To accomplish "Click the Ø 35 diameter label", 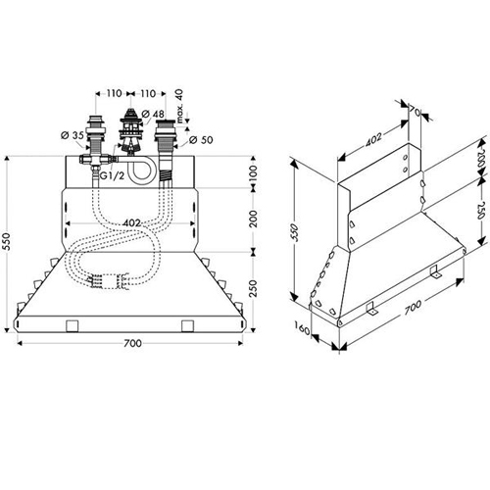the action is (73, 134).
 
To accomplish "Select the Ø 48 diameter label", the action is (153, 114).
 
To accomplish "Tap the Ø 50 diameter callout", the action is (201, 140).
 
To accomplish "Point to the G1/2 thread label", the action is (112, 175).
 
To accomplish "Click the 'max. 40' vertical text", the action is (179, 106).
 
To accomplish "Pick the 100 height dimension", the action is (254, 172).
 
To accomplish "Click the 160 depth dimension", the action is (302, 328).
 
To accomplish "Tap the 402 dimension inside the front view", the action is (131, 223).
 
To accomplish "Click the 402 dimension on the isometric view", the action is (373, 139).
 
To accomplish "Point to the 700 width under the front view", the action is (132, 343).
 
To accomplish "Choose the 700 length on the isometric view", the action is (413, 308).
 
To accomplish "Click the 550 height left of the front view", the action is (7, 241).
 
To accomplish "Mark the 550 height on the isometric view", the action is (295, 232).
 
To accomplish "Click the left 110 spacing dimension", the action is (114, 93).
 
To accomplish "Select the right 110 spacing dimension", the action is (148, 93).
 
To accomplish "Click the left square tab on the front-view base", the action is (73, 325).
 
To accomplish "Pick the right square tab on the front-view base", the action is (187, 325).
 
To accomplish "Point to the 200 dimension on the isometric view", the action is (480, 158).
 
